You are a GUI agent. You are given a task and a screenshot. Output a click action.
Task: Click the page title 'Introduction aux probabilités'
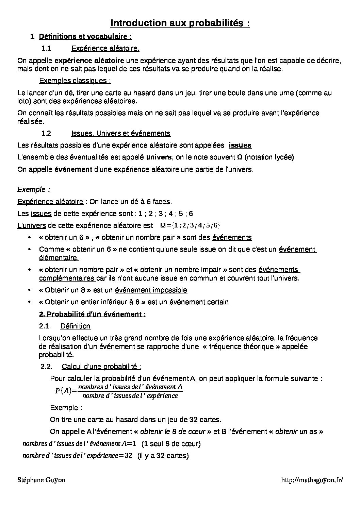tap(180, 23)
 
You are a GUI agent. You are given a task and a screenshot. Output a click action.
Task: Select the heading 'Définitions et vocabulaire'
tap(85, 36)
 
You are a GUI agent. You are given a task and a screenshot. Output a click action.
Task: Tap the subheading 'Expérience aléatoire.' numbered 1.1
tap(105, 49)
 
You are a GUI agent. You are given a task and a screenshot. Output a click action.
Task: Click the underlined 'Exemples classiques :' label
tap(75, 81)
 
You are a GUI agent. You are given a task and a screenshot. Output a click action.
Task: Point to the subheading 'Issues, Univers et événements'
tap(121, 133)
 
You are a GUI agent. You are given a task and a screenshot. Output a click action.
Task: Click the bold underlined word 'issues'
tap(240, 146)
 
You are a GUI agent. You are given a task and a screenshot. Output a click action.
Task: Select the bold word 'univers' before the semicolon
tap(159, 157)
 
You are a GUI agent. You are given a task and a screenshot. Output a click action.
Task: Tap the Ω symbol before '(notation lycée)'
tap(240, 157)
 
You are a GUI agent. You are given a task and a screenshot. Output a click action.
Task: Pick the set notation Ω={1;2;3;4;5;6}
tap(190, 225)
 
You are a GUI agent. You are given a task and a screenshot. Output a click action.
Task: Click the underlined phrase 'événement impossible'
tap(151, 290)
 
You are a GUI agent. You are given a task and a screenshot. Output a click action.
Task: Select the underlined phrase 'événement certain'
tap(199, 302)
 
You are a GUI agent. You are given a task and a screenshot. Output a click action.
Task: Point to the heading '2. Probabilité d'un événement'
tap(93, 314)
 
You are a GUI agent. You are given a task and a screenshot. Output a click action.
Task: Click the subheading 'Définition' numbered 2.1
tap(76, 326)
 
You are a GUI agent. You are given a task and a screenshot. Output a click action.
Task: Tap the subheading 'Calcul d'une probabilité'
tap(101, 367)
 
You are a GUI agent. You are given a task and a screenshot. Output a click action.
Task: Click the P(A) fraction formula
tap(119, 391)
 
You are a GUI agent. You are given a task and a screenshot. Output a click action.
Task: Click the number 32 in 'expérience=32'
tap(128, 456)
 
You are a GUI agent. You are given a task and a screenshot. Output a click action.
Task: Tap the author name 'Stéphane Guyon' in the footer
tap(41, 480)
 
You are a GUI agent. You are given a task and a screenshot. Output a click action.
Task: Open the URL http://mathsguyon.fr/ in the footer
tap(312, 480)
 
